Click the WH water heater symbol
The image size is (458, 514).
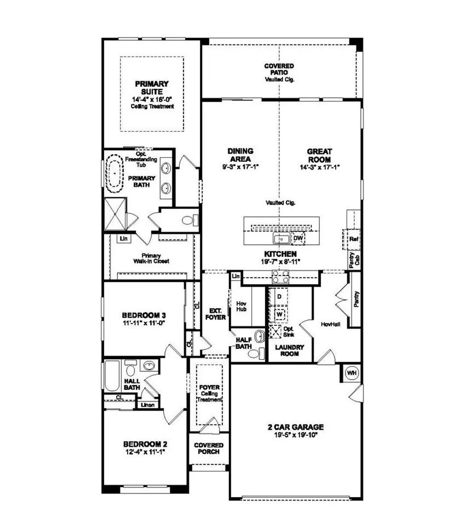click(352, 372)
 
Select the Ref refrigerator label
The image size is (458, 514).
click(354, 239)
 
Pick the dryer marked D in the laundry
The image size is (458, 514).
click(279, 296)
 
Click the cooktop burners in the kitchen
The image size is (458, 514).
click(280, 277)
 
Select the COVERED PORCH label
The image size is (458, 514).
click(208, 448)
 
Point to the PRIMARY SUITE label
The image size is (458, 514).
click(152, 87)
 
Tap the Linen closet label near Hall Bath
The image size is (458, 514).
click(148, 405)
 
